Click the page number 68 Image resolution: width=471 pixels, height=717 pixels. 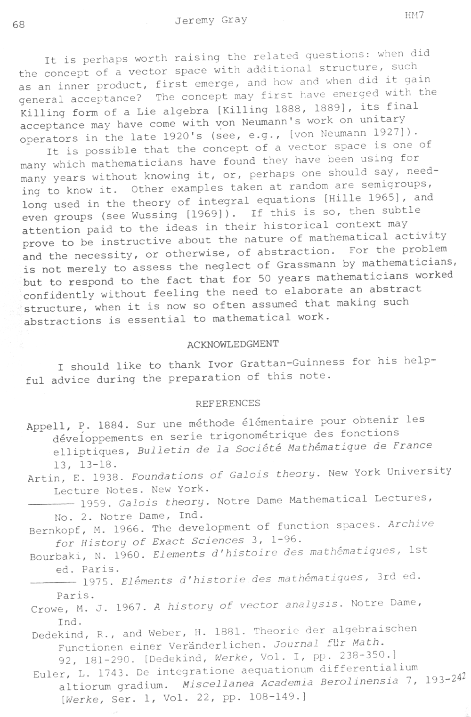coord(19,24)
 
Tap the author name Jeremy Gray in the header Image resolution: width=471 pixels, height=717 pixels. coord(211,20)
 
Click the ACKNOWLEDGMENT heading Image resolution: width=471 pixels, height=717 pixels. coord(233,344)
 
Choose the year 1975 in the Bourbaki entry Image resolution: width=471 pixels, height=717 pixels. coord(97,581)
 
